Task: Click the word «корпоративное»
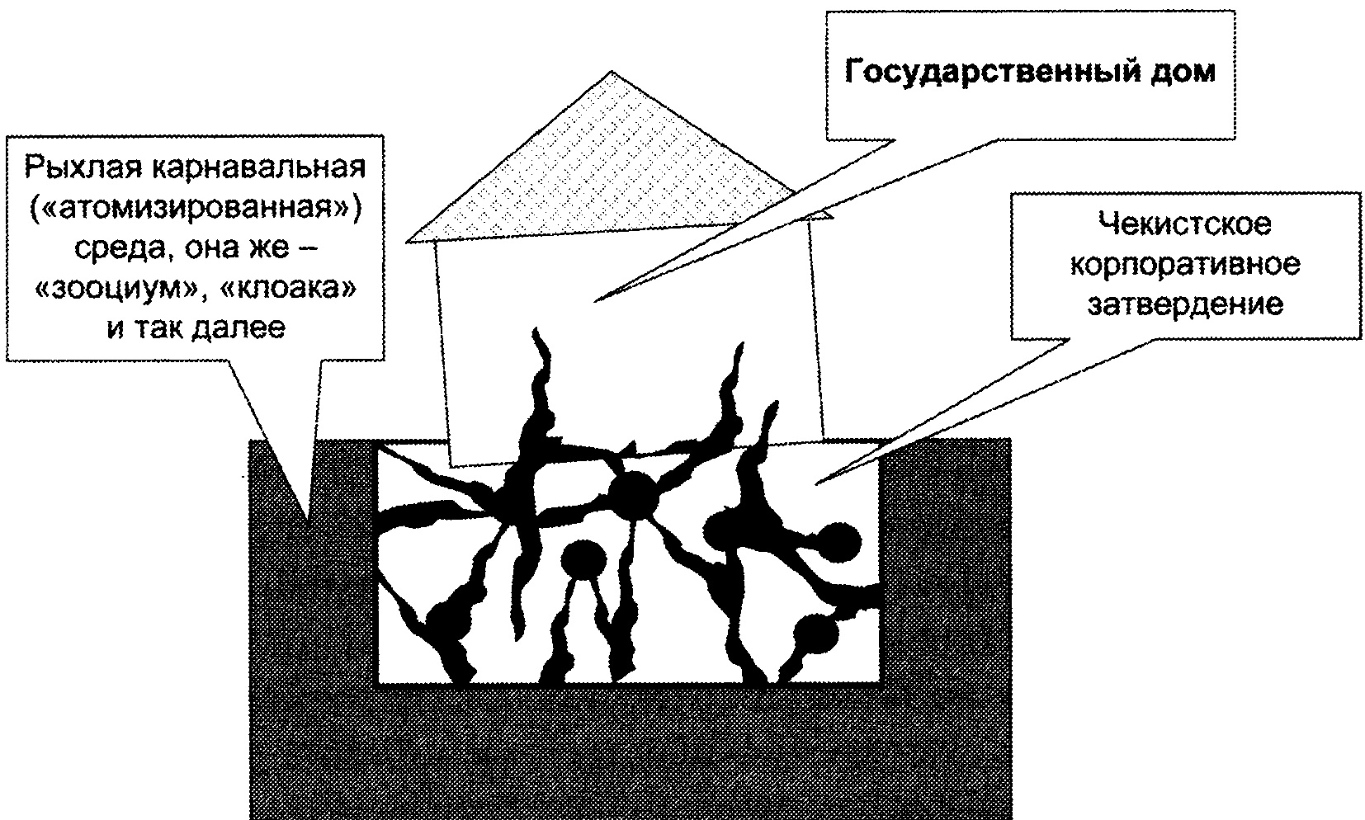(x=1185, y=265)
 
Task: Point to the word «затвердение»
(x=1185, y=304)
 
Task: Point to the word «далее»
(x=238, y=328)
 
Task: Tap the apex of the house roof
(x=612, y=72)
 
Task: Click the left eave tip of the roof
(x=407, y=242)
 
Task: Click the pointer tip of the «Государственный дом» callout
(x=594, y=301)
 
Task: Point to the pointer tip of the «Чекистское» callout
(x=816, y=484)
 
